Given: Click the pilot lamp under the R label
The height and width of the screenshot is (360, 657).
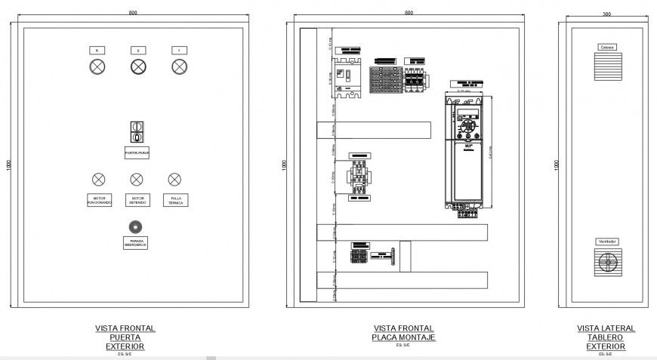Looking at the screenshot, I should [x=97, y=67].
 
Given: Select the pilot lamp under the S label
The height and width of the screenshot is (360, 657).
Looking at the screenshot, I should [x=137, y=67].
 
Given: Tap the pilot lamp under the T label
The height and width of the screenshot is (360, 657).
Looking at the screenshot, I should [x=179, y=67].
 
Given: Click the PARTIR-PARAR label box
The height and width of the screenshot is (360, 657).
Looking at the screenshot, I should [x=137, y=152].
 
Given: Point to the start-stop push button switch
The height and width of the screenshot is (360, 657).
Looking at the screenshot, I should [x=137, y=132].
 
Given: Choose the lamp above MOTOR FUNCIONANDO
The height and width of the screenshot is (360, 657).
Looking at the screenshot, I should [x=98, y=180].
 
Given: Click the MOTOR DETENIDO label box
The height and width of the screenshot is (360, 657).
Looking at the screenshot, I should [x=137, y=200].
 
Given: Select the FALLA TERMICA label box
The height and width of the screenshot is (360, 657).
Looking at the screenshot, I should [x=175, y=200].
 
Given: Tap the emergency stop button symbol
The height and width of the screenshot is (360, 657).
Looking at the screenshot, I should [x=136, y=226].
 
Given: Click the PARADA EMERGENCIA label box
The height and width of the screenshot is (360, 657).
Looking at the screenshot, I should [x=137, y=243].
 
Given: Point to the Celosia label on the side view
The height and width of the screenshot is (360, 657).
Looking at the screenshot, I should [x=607, y=47].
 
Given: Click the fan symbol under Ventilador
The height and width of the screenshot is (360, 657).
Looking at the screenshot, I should [x=608, y=263].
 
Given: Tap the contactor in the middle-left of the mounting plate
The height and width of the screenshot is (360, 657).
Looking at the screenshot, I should [x=358, y=176].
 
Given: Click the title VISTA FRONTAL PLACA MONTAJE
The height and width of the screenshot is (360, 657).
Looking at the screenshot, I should [x=404, y=333].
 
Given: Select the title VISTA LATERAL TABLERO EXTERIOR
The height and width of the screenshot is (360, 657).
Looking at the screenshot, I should [x=606, y=337].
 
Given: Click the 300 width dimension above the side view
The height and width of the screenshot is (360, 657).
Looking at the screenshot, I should [x=606, y=14].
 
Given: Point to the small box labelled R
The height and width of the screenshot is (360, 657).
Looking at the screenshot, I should [x=97, y=50].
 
